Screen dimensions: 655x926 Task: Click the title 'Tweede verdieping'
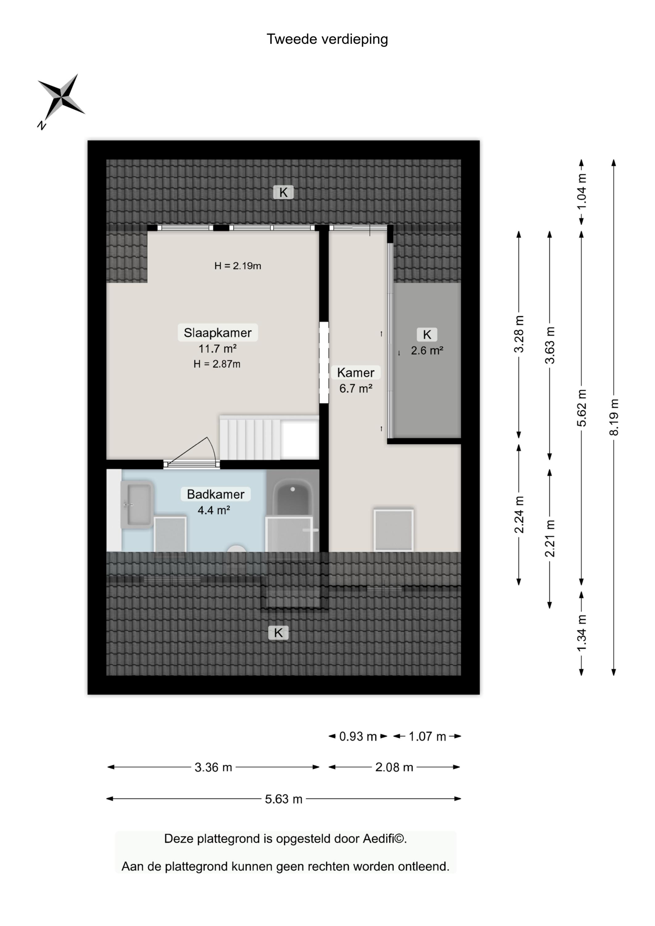click(327, 40)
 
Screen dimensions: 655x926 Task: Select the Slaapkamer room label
click(218, 333)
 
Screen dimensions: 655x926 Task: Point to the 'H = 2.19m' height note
click(238, 266)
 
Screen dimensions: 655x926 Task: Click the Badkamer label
click(216, 494)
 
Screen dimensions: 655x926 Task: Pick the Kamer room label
click(356, 373)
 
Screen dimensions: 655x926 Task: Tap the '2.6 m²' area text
click(427, 350)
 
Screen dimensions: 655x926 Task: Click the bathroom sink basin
click(137, 504)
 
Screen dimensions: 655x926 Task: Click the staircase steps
click(250, 439)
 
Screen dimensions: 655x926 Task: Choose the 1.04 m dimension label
click(582, 191)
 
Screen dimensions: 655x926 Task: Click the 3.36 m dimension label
click(213, 767)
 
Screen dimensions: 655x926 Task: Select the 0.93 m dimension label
click(358, 736)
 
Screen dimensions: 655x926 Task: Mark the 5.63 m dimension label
click(284, 799)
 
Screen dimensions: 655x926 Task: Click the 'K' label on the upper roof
click(284, 193)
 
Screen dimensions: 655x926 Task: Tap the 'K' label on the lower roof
click(278, 633)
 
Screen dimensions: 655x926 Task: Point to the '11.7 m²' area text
click(218, 348)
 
